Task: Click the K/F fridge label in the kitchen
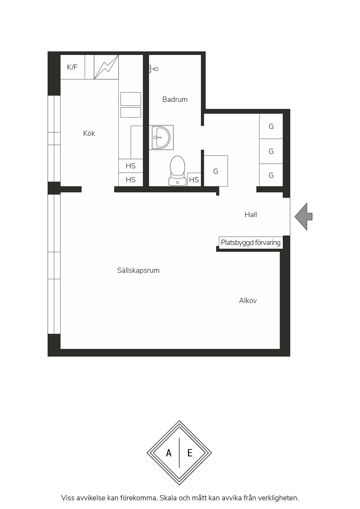pyautogui.click(x=72, y=67)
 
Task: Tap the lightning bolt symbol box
pyautogui.click(x=106, y=67)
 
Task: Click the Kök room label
pyautogui.click(x=89, y=133)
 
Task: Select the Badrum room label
pyautogui.click(x=175, y=99)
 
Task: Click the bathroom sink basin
pyautogui.click(x=161, y=137)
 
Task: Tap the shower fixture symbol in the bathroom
pyautogui.click(x=153, y=69)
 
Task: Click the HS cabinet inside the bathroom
pyautogui.click(x=194, y=180)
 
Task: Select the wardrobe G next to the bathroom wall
pyautogui.click(x=216, y=171)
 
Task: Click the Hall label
pyautogui.click(x=251, y=215)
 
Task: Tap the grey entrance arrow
pyautogui.click(x=304, y=217)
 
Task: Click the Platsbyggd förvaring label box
pyautogui.click(x=251, y=243)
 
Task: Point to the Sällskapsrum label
pyautogui.click(x=138, y=270)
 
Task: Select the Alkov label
pyautogui.click(x=248, y=301)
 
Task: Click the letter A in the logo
pyautogui.click(x=169, y=453)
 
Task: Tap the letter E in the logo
pyautogui.click(x=190, y=453)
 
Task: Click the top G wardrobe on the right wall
pyautogui.click(x=271, y=126)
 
